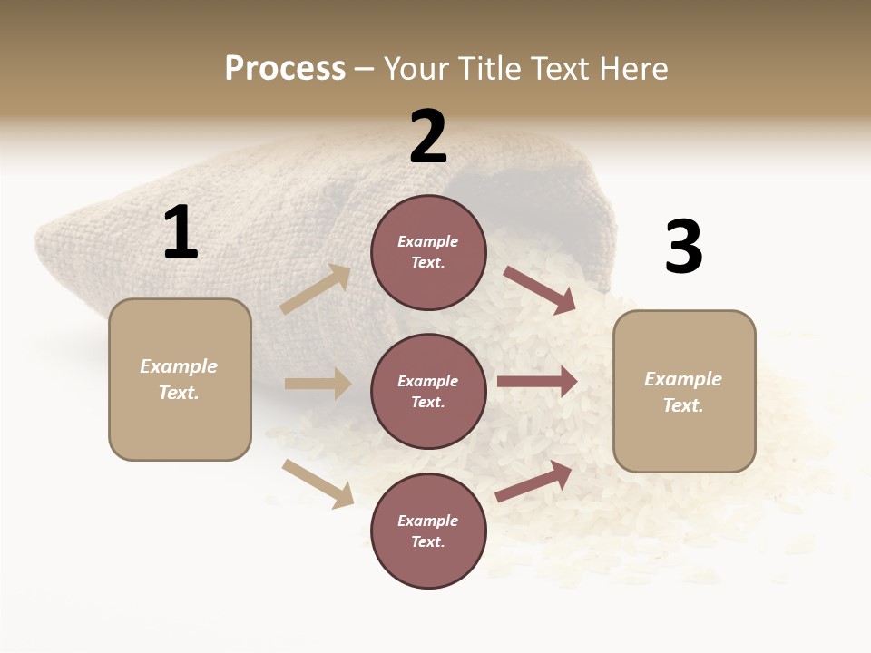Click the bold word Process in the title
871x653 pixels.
coord(285,68)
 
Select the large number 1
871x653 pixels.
coord(181,232)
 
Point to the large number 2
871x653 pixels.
coord(428,137)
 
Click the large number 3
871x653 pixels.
coord(683,248)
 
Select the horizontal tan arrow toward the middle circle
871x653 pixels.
coord(318,384)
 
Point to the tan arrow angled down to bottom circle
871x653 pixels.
coord(318,483)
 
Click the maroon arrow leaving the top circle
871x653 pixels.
coord(540,290)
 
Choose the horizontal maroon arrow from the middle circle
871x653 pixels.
coord(537,382)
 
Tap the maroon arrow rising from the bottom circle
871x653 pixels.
coord(534,481)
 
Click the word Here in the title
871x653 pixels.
coord(633,68)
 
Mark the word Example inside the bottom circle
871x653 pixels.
coord(428,521)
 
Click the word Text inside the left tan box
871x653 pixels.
coord(179,393)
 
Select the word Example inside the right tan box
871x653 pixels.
coord(683,379)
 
